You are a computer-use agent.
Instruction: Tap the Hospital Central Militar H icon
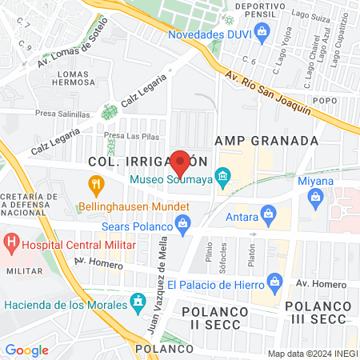(12, 240)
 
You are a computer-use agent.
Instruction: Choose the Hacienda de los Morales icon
(138, 302)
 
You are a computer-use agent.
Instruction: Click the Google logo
(26, 350)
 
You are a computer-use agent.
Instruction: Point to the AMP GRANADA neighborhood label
(273, 141)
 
